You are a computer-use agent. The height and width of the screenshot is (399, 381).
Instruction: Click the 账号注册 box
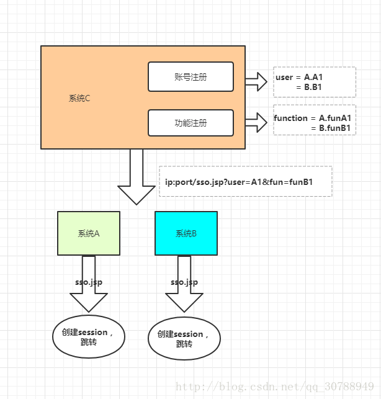tap(191, 77)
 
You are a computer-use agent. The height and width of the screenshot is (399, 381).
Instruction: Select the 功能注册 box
tap(191, 123)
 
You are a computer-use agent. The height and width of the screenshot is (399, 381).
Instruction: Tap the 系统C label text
tap(79, 99)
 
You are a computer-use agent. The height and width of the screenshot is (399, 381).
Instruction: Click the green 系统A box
tap(89, 233)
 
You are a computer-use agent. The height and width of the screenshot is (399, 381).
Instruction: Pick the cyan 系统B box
tap(186, 233)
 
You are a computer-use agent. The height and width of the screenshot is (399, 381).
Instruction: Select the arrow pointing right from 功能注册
tap(255, 122)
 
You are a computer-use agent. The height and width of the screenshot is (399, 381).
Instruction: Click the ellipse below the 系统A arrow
tap(89, 337)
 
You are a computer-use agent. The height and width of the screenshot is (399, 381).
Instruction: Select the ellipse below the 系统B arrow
tap(184, 339)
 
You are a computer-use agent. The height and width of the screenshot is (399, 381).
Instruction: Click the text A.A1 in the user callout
tap(313, 77)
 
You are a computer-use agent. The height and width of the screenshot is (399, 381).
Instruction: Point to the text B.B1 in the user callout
tap(313, 87)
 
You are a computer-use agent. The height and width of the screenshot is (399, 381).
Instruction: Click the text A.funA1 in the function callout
tap(335, 118)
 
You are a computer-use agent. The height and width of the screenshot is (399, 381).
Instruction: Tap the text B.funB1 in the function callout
tap(335, 128)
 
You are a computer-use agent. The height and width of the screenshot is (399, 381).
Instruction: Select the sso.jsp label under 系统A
tap(89, 282)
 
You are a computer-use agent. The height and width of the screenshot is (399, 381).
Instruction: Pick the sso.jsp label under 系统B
tap(184, 282)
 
